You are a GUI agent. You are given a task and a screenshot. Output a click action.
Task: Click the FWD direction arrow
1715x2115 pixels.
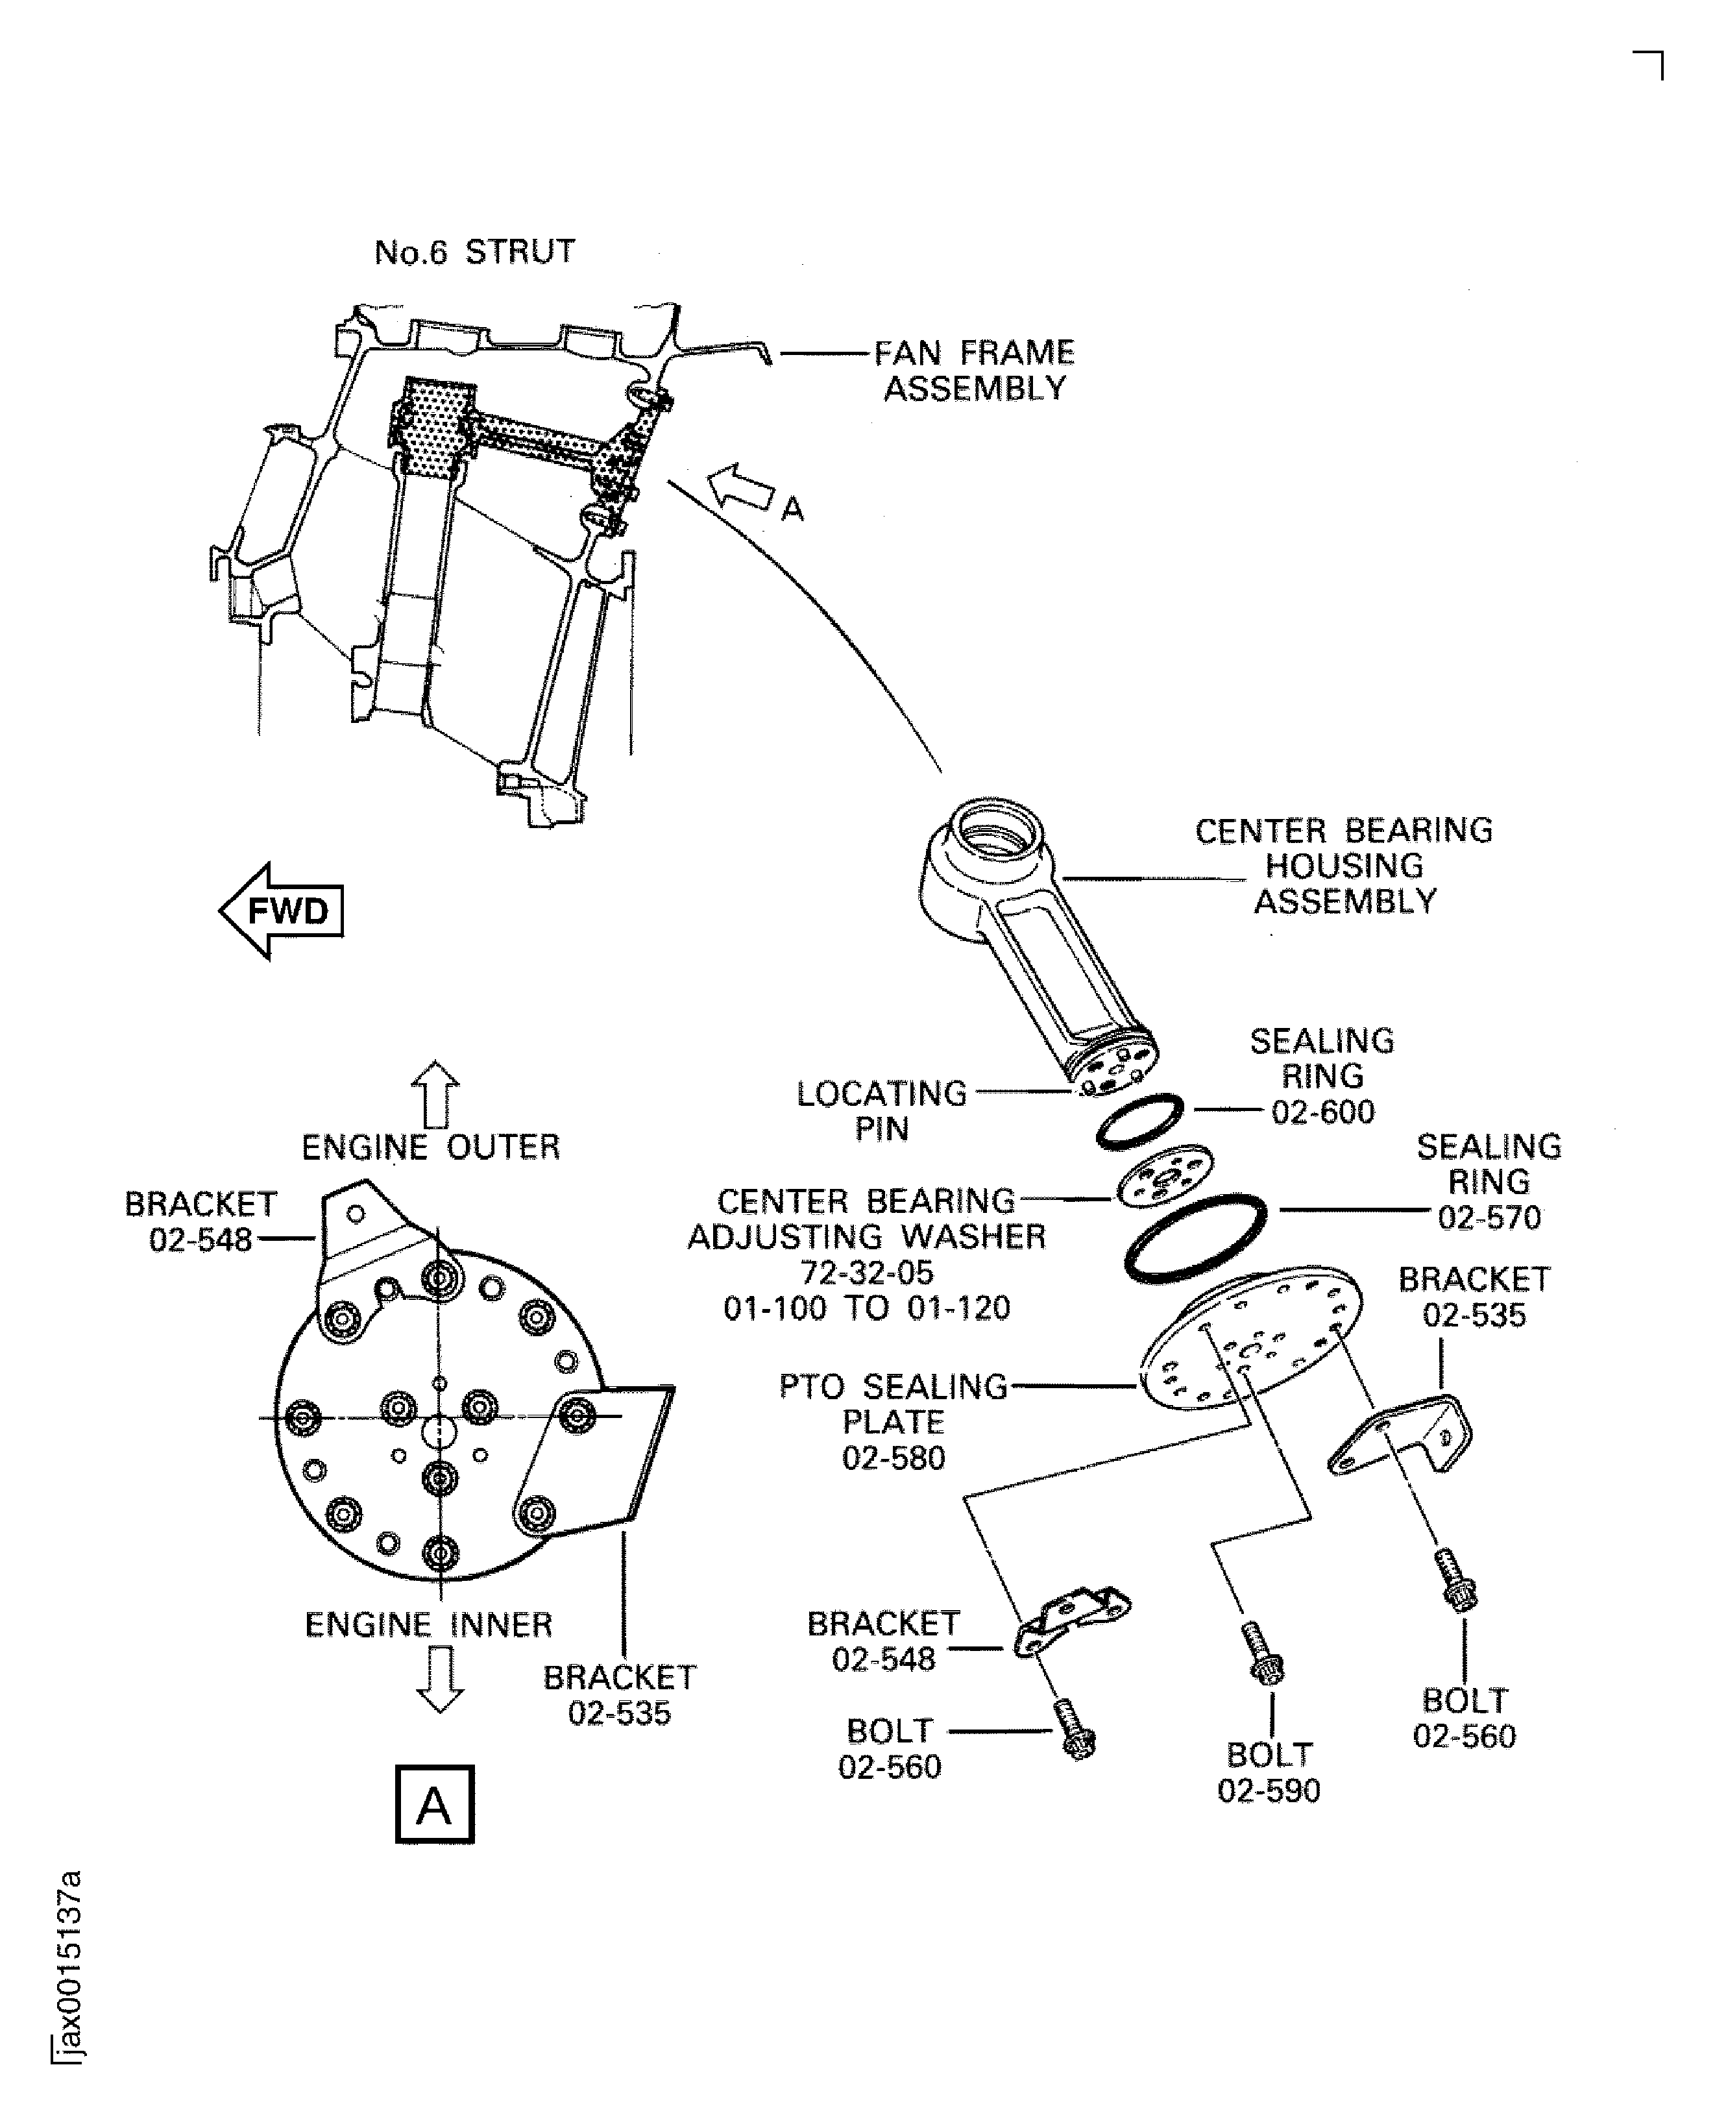click(280, 910)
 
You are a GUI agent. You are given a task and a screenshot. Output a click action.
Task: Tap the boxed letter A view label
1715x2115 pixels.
click(435, 1804)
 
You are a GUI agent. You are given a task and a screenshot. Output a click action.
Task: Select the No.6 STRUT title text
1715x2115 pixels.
click(474, 252)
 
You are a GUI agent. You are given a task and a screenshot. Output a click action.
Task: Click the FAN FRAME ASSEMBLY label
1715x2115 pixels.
click(974, 371)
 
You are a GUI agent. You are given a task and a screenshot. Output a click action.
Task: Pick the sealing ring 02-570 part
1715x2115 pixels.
click(1195, 1239)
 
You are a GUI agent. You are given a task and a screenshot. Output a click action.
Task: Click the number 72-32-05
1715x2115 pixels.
click(868, 1273)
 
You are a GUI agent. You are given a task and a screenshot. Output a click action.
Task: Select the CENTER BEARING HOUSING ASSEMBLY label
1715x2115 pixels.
click(1344, 865)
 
